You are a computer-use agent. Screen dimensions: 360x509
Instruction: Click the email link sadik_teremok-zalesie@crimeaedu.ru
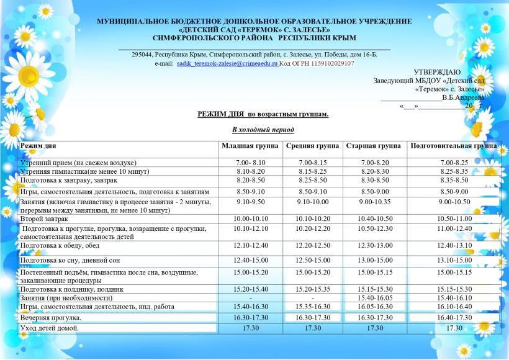[227, 63]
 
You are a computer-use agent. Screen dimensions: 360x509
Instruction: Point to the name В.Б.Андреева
[463, 97]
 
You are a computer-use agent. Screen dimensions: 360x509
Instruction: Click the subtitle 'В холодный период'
[263, 130]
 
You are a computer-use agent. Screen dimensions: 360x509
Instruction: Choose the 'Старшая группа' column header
[373, 146]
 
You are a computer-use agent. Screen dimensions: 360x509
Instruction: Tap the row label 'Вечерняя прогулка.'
[51, 317]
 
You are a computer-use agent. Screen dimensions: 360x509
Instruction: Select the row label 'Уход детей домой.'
[50, 328]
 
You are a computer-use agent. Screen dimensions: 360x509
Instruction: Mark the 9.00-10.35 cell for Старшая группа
[373, 202]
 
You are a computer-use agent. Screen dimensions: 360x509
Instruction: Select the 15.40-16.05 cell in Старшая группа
[373, 297]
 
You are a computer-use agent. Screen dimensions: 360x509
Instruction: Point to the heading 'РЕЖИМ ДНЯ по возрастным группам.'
[263, 115]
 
